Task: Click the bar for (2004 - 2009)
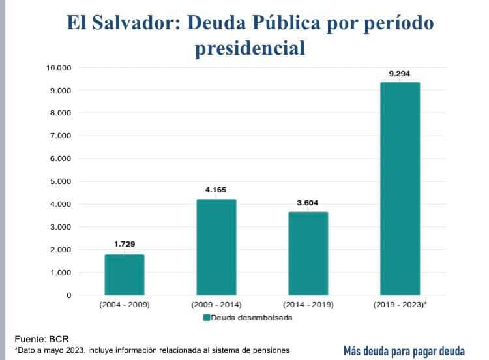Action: click(125, 275)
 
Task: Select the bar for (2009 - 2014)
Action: click(216, 247)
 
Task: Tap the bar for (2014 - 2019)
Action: click(308, 254)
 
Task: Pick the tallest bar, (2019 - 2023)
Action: click(400, 189)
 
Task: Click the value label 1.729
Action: click(125, 244)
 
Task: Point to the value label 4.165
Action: click(216, 189)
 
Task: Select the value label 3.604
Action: click(308, 202)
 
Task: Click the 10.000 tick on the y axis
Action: click(58, 67)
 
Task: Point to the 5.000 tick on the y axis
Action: click(60, 181)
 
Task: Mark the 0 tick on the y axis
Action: click(68, 295)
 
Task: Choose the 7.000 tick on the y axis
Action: click(60, 136)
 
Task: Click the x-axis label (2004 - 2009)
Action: click(125, 305)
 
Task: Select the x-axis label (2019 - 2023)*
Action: click(401, 305)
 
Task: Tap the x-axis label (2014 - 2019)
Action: click(308, 305)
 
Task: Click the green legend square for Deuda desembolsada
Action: click(206, 318)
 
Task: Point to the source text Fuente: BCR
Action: click(41, 338)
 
